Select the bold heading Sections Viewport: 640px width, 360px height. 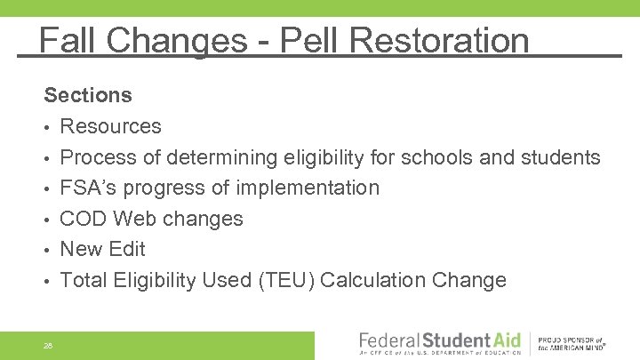pyautogui.click(x=88, y=95)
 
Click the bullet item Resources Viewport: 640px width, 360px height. pyautogui.click(x=110, y=126)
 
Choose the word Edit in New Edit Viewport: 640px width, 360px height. pyautogui.click(x=128, y=249)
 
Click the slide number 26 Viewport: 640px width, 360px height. pyautogui.click(x=47, y=344)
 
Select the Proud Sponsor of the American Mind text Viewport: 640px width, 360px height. pyautogui.click(x=571, y=344)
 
